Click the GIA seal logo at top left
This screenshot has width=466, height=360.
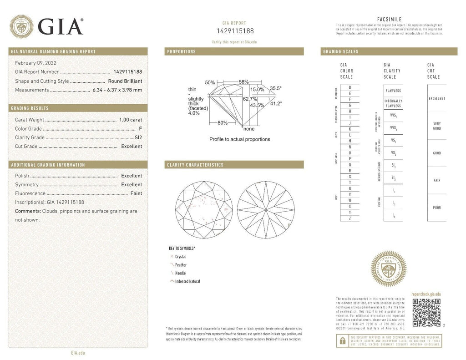pyautogui.click(x=21, y=26)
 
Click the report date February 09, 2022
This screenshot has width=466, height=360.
pyautogui.click(x=36, y=63)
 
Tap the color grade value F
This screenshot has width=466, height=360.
pyautogui.click(x=141, y=129)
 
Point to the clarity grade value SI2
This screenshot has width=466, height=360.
pyautogui.click(x=138, y=137)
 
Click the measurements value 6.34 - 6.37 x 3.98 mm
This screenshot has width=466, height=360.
pyautogui.click(x=117, y=90)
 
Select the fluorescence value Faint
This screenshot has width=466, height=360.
pyautogui.click(x=136, y=193)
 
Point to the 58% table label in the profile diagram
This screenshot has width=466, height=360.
pyautogui.click(x=243, y=82)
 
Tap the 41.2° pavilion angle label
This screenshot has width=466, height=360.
pyautogui.click(x=276, y=103)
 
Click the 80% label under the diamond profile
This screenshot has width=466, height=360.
pyautogui.click(x=222, y=123)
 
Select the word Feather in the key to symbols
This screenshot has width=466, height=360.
pyautogui.click(x=181, y=265)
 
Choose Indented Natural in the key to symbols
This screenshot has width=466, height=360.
pyautogui.click(x=187, y=281)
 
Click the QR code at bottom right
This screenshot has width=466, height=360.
pyautogui.click(x=426, y=313)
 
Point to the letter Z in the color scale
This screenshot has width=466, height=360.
pyautogui.click(x=349, y=218)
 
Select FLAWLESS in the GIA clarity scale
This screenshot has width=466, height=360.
pyautogui.click(x=393, y=91)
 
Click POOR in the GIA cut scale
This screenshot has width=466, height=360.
pyautogui.click(x=436, y=208)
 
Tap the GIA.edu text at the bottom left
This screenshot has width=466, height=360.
pyautogui.click(x=78, y=353)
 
